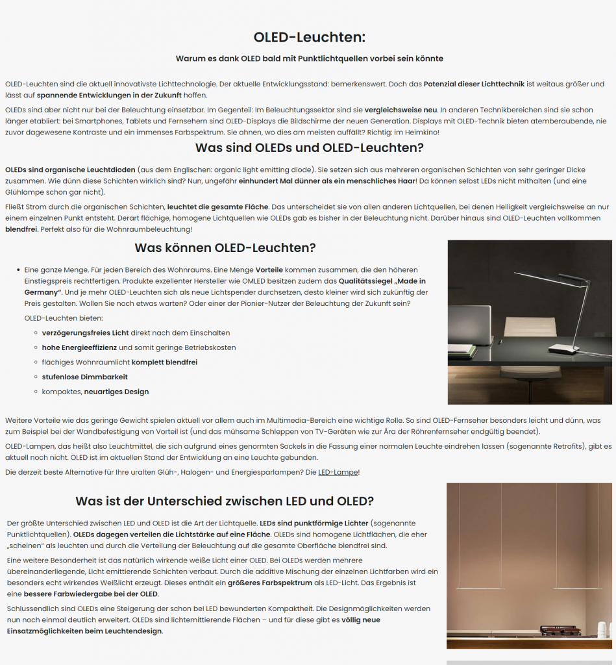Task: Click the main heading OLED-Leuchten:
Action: [309, 37]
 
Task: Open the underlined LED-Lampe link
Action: [338, 472]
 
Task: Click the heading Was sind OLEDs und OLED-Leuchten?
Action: [309, 147]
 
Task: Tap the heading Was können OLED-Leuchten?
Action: [225, 247]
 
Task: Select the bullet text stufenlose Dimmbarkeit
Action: [84, 377]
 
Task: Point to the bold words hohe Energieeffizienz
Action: [79, 347]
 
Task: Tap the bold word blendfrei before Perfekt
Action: [21, 229]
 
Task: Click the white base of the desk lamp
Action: [563, 349]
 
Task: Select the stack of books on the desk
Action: [461, 351]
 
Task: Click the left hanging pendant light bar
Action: [479, 588]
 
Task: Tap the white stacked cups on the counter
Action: [602, 629]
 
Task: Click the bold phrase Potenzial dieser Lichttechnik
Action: [474, 84]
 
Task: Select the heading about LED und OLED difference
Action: [225, 501]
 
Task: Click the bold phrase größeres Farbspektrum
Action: [270, 583]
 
